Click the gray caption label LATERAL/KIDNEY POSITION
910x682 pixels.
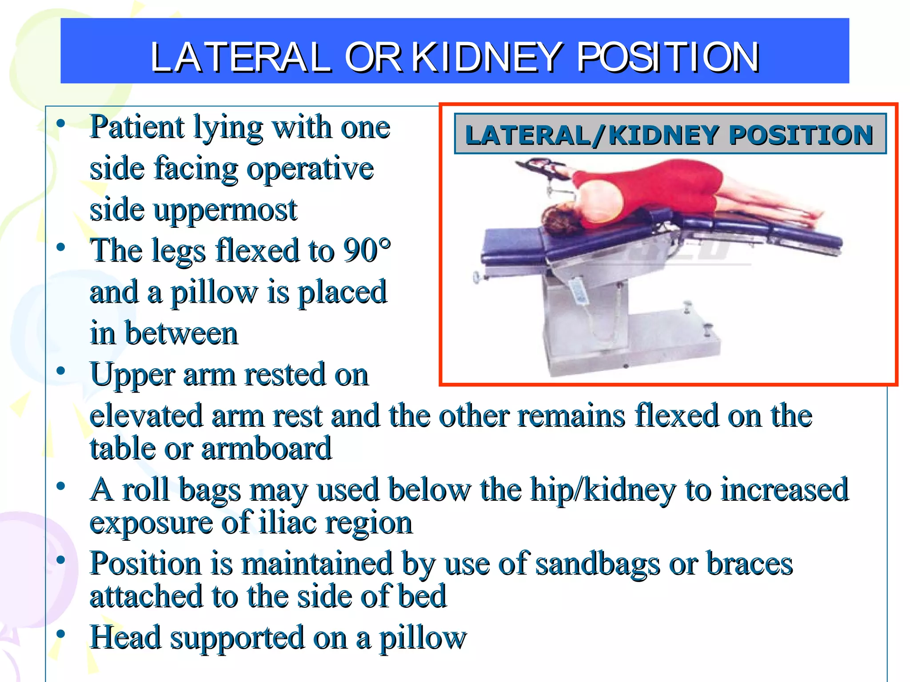[670, 135]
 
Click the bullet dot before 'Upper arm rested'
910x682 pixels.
[61, 371]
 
